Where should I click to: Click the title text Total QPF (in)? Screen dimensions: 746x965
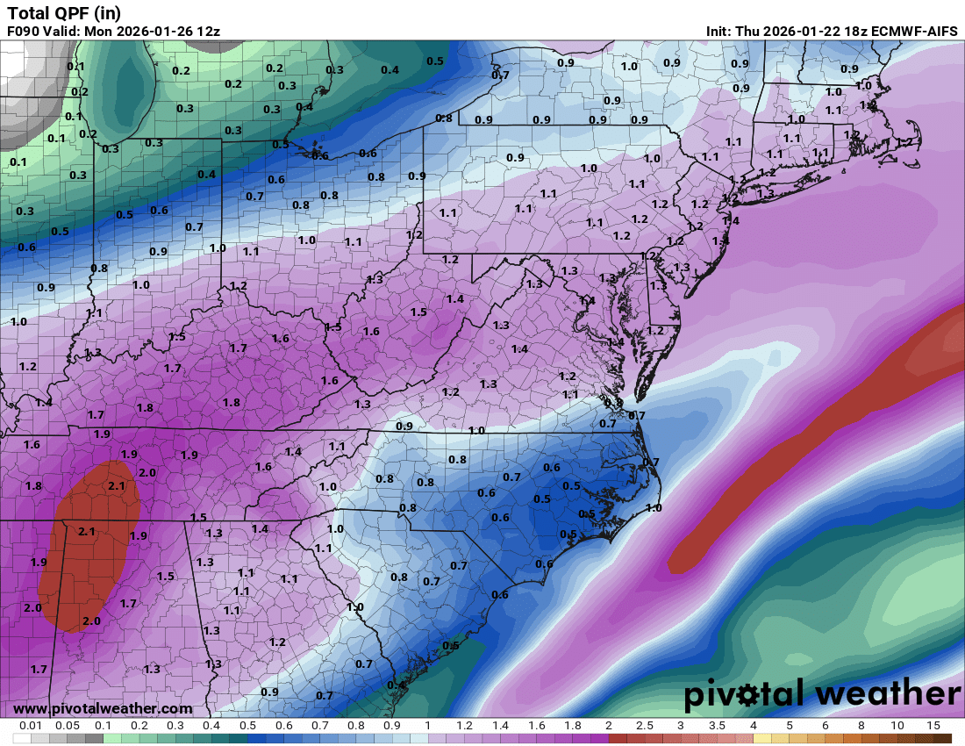coord(64,13)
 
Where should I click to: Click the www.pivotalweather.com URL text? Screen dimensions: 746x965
coord(103,708)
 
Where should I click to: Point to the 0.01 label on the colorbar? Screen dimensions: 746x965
coord(32,726)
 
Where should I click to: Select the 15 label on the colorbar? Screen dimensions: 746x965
coord(933,726)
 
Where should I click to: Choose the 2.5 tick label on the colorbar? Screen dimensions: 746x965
coord(645,726)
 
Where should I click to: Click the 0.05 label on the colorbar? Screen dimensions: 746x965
coord(68,726)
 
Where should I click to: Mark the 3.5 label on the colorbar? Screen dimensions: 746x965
coord(717,726)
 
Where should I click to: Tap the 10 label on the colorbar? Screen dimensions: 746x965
coord(897,726)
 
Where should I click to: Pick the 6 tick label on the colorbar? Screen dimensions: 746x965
coord(825,726)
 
